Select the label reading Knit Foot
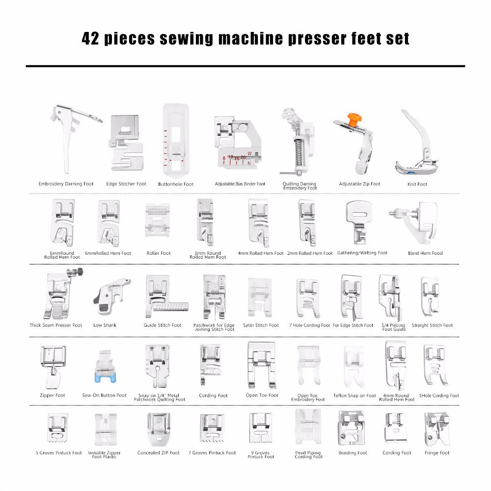click(x=417, y=184)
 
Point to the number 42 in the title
click(x=92, y=38)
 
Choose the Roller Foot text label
click(x=159, y=253)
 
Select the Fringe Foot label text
click(x=437, y=453)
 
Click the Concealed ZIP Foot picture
click(x=158, y=429)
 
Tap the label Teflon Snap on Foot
click(x=354, y=395)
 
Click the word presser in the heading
click(x=313, y=38)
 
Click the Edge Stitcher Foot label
click(x=126, y=184)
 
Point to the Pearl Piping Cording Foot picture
click(x=308, y=427)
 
